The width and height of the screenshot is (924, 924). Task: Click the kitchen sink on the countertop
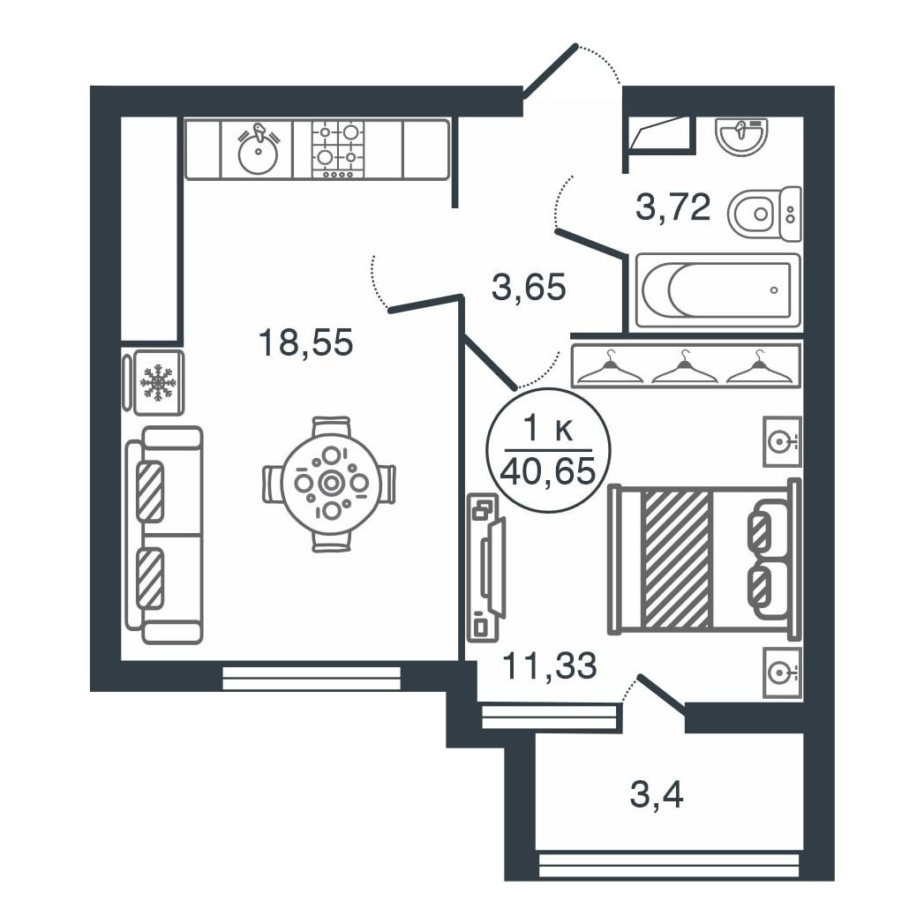click(258, 150)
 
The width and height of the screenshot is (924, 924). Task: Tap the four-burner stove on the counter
click(338, 149)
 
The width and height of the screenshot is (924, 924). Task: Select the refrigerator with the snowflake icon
click(159, 383)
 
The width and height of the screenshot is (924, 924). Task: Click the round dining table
click(331, 483)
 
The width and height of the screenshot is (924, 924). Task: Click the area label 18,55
click(305, 342)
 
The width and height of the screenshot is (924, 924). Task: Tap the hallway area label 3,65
click(528, 288)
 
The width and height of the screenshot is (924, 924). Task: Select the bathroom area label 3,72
click(672, 208)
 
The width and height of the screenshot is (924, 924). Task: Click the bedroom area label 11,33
click(549, 665)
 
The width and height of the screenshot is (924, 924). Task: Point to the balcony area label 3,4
click(657, 796)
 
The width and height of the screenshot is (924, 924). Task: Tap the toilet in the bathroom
click(764, 214)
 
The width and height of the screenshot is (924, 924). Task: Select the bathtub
click(717, 290)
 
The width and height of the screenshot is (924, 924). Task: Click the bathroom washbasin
click(741, 136)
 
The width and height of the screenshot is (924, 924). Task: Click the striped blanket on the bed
click(677, 558)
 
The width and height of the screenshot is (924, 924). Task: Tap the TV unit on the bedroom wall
click(485, 567)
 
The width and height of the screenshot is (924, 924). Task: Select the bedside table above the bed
click(782, 441)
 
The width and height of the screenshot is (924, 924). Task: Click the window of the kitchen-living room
click(312, 678)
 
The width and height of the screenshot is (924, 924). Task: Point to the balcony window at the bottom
click(668, 865)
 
